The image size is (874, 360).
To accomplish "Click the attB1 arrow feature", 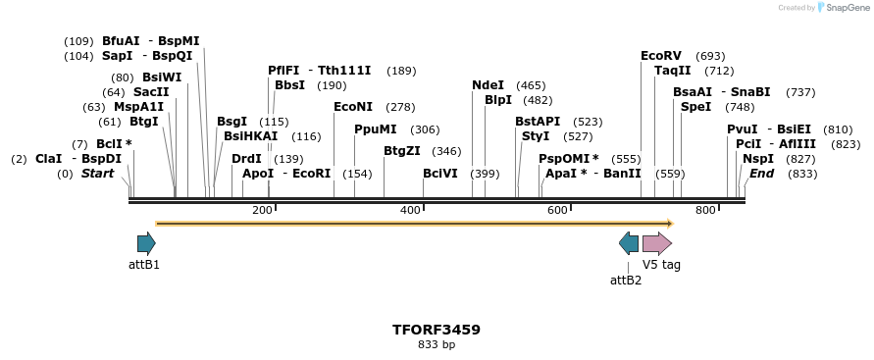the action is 146,243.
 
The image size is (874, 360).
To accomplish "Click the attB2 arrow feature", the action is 629,243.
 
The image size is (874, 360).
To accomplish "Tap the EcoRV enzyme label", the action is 660,56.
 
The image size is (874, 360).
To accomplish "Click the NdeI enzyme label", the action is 488,85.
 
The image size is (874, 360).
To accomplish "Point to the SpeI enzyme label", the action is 695,106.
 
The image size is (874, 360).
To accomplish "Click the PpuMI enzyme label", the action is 376,129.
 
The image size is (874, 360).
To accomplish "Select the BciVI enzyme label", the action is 440,173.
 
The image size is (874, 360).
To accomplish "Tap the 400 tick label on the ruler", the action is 410,210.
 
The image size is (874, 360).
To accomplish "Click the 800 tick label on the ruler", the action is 705,210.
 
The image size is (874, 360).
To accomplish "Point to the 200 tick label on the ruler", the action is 262,210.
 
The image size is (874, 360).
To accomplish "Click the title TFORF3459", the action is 437,330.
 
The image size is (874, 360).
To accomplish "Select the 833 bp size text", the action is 437,344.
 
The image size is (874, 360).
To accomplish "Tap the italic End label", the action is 762,173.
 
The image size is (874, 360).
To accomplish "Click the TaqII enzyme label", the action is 673,70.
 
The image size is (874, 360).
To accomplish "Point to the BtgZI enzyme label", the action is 402,150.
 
